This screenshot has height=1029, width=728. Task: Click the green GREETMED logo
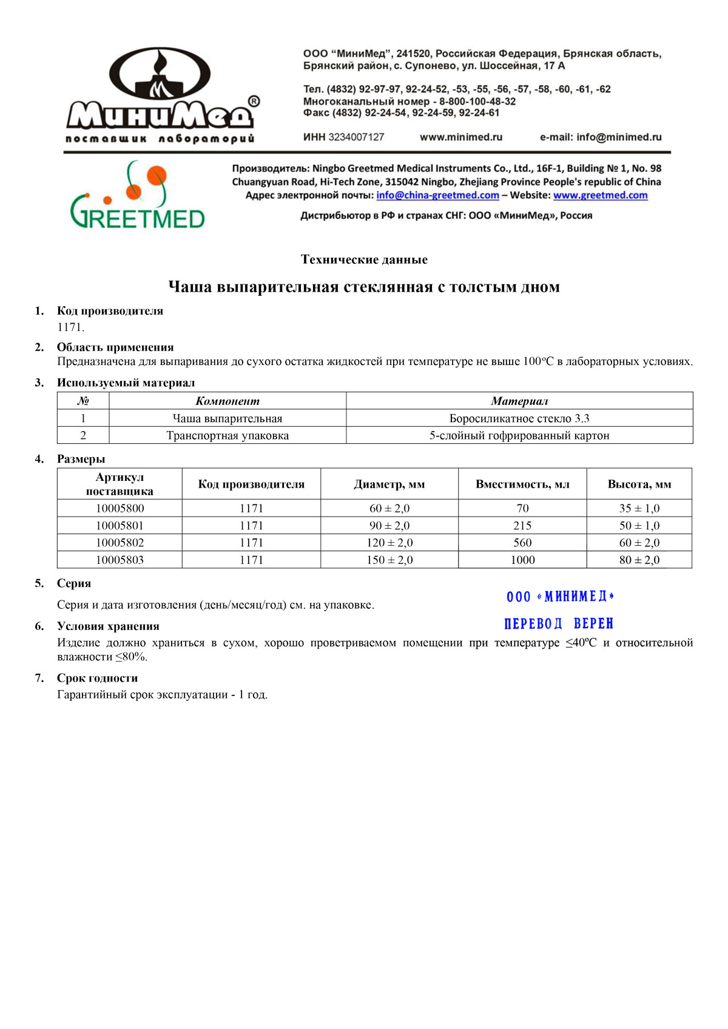138,196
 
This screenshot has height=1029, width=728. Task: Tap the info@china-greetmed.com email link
437,195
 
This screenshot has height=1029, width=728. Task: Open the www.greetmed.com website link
600,195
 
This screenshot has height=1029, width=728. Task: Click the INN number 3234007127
356,137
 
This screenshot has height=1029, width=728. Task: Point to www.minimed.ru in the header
461,137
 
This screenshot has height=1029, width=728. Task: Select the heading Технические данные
364,260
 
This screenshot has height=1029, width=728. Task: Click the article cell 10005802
120,543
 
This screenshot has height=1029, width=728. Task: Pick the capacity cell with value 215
522,526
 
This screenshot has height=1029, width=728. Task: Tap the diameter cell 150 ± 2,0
389,560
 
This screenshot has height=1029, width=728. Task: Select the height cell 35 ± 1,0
639,508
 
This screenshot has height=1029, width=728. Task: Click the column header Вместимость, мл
522,484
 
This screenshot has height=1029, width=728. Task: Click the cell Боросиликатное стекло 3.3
519,418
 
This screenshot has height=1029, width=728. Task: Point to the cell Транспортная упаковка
227,435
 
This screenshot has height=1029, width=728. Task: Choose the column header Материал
519,401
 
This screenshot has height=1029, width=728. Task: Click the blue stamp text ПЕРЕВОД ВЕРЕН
559,623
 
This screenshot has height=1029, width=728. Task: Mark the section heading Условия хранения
108,626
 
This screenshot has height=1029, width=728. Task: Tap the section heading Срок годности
97,678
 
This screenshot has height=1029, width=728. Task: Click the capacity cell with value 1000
522,560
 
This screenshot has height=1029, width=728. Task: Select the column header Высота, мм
639,484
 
